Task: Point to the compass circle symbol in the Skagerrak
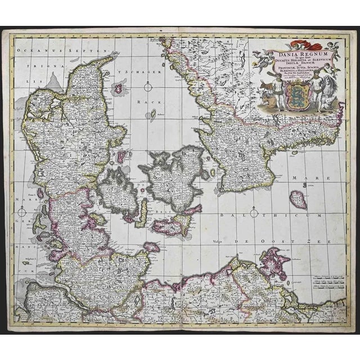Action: (x=148, y=86)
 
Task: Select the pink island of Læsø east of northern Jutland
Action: (x=120, y=87)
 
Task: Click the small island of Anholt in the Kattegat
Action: (x=152, y=115)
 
